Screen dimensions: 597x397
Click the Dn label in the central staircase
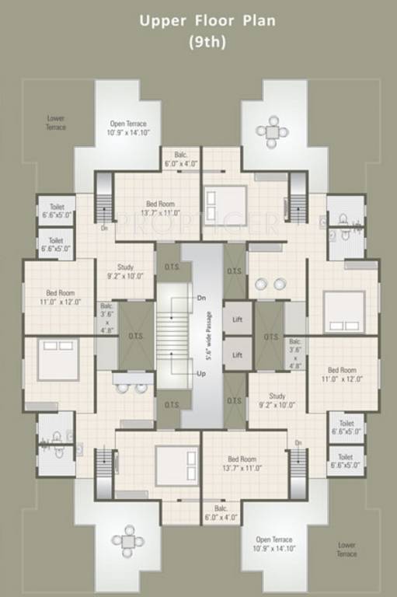click(201, 298)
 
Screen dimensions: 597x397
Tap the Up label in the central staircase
click(201, 374)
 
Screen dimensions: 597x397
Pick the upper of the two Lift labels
click(238, 320)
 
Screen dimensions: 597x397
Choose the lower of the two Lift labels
click(238, 354)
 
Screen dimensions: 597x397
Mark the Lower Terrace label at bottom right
click(347, 550)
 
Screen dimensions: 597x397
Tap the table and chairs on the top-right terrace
click(273, 131)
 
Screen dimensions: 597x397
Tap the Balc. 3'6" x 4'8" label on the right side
click(295, 353)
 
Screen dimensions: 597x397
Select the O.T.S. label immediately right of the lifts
click(271, 337)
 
